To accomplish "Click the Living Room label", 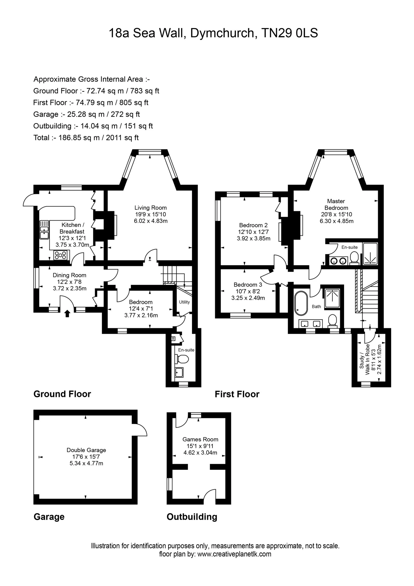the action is coord(150,208).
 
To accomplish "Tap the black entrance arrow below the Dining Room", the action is coord(67,313).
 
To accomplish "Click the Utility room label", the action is coord(184,302).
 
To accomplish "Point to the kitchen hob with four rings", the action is coord(61,255).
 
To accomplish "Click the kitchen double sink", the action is coord(44,230).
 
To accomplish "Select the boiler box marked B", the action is coord(173,339).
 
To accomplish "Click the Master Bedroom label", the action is coord(336,204).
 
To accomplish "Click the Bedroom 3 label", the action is coord(248,285).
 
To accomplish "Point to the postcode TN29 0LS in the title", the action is coord(290,33).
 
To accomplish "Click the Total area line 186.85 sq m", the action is coord(86,138).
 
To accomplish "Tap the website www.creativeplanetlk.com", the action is coord(234,561).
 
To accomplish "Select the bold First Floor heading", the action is coord(237,394).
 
